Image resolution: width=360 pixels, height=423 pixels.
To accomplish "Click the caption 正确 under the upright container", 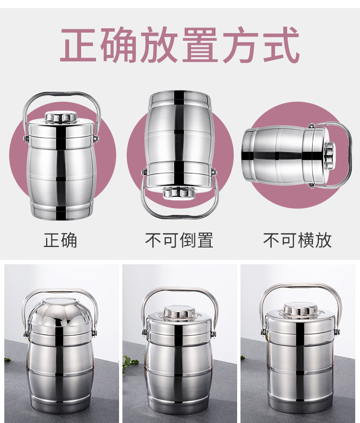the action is (60, 240).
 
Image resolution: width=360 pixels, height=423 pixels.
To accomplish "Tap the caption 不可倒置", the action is (179, 240).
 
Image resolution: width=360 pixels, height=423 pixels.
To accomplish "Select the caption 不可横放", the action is (297, 240).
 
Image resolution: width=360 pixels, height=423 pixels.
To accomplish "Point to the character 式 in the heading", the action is (281, 45).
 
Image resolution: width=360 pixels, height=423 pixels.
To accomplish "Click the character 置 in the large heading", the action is (200, 45).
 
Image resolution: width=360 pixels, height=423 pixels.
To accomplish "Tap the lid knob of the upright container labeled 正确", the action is (61, 117).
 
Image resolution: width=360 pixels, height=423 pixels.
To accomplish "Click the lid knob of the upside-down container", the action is (179, 193).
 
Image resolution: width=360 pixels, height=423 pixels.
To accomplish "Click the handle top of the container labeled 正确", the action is (62, 94).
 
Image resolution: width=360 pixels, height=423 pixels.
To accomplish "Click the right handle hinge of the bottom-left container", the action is (94, 333).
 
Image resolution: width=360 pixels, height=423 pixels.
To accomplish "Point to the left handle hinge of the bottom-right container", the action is (263, 332).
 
